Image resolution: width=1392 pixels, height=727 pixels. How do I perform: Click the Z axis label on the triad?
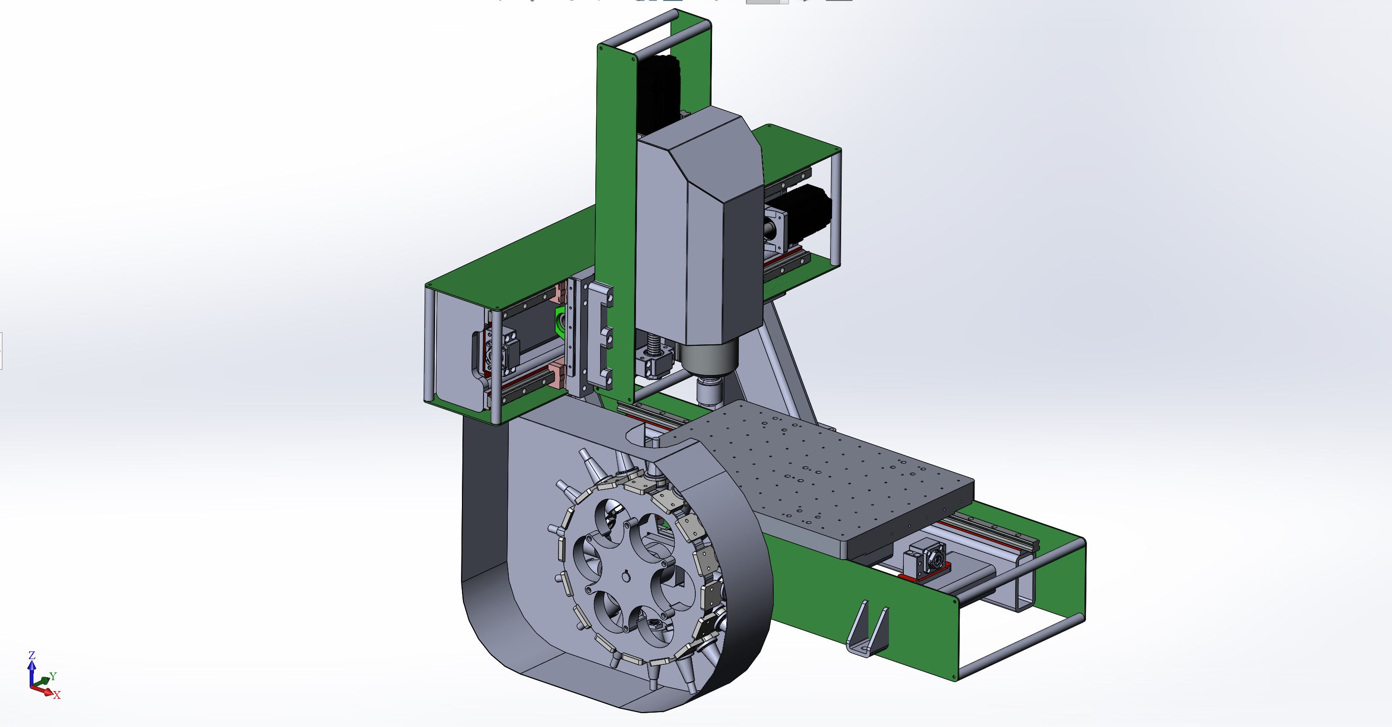pyautogui.click(x=32, y=655)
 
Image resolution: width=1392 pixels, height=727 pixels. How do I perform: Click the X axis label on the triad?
pyautogui.click(x=57, y=695)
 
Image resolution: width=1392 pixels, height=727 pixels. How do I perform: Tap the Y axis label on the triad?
pyautogui.click(x=53, y=676)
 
